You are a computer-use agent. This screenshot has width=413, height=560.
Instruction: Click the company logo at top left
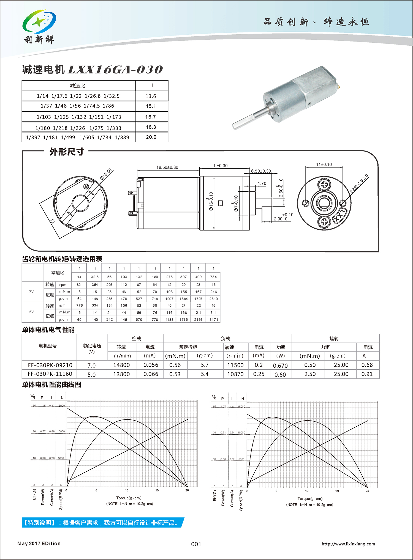39,26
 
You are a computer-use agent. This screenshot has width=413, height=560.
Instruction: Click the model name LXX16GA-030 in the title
115,70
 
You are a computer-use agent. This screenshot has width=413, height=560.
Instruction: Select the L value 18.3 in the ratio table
151,127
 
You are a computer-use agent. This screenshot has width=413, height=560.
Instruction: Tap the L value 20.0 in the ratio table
151,137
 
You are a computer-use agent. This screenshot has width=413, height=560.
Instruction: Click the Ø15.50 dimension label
106,174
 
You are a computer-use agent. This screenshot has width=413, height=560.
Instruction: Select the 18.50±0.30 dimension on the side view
167,167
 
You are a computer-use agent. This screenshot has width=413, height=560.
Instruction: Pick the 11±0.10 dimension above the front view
324,164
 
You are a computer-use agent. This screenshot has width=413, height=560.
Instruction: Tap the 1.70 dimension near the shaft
262,183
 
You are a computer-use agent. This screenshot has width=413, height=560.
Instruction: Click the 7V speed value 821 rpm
80,285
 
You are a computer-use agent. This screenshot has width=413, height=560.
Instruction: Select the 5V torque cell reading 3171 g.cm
214,320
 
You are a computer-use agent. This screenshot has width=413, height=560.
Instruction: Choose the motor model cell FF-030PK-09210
50,365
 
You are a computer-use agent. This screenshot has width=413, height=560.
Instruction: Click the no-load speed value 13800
121,374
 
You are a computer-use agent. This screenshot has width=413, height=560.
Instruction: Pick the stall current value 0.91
367,374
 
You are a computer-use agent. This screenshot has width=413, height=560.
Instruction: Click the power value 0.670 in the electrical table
280,366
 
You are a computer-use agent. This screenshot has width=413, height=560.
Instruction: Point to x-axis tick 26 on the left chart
187,490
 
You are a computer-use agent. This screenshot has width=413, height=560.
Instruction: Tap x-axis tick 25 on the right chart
367,491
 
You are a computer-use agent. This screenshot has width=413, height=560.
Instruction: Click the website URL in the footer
348,544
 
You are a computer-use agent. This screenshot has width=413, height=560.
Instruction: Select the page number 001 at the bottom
196,544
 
